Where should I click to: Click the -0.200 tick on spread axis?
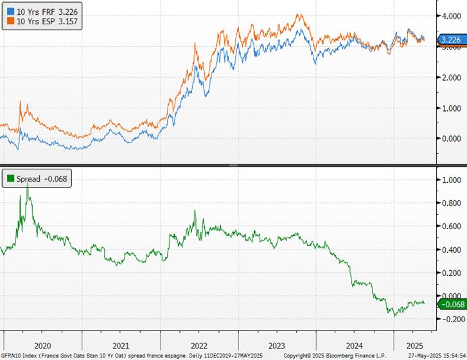tap(450, 319)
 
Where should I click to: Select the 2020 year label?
tap(42, 345)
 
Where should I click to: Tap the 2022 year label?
tap(198, 345)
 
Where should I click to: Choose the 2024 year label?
tap(354, 345)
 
